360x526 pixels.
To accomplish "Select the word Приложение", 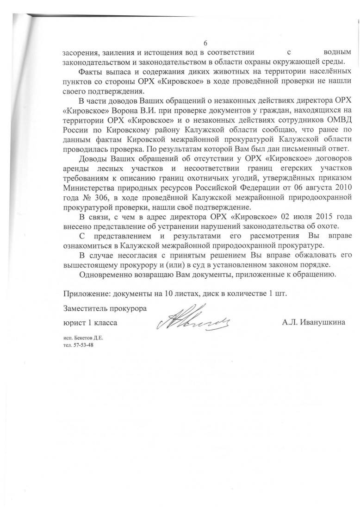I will (x=85, y=293).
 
